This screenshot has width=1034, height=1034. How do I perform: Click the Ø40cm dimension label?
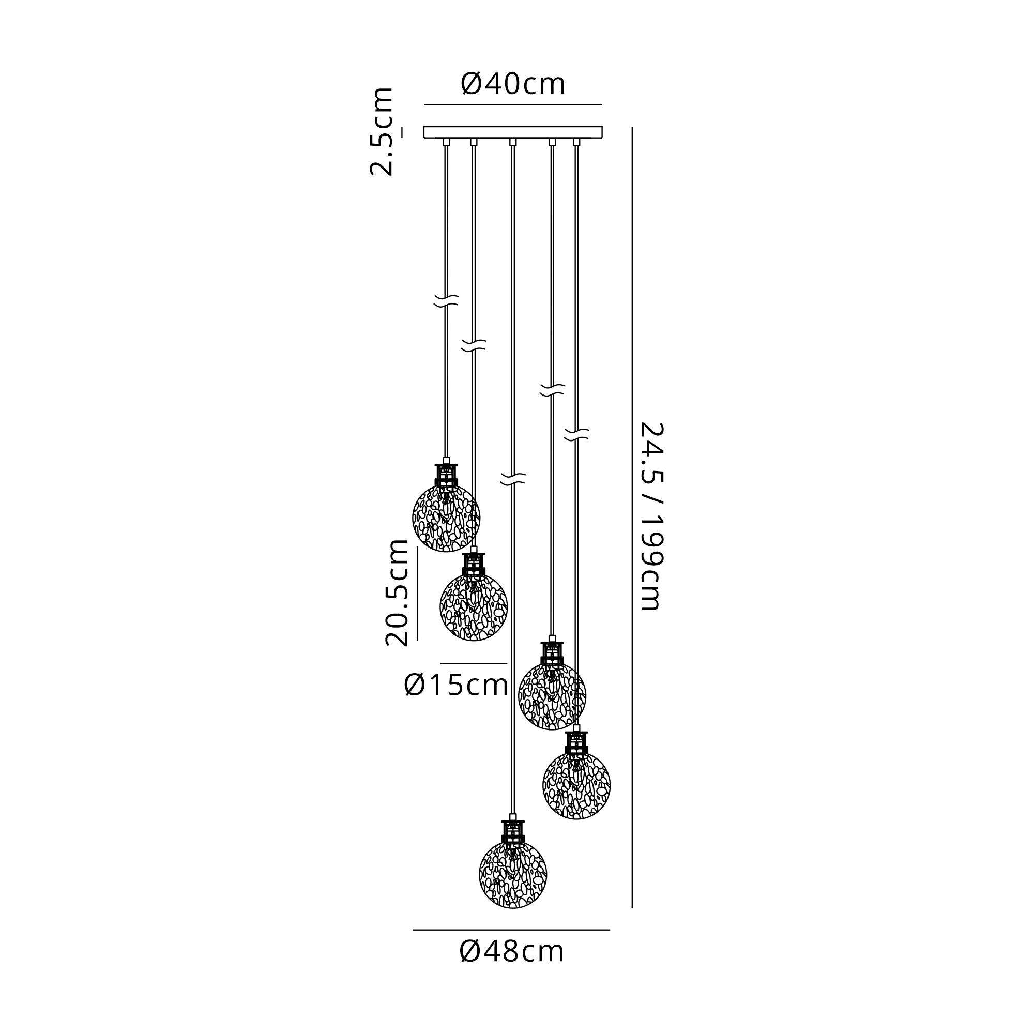tap(512, 85)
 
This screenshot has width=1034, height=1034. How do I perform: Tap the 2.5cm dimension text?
tap(382, 132)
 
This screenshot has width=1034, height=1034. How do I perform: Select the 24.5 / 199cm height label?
tap(652, 516)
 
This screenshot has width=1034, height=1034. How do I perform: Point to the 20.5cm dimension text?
tap(397, 592)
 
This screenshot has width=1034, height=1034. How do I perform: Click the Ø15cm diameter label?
tap(456, 685)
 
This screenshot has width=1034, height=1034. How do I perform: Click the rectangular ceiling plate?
tap(513, 132)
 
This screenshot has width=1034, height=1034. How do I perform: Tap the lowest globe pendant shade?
tap(513, 875)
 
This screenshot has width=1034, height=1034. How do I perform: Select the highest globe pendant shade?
tap(446, 518)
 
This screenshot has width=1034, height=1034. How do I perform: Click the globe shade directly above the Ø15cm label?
tap(474, 607)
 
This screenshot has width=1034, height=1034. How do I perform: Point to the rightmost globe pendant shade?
tap(576, 786)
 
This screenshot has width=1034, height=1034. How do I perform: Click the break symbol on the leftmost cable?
tap(446, 301)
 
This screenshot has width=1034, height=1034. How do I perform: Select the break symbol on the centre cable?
tap(513, 480)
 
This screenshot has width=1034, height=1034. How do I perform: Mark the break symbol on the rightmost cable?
tap(576, 435)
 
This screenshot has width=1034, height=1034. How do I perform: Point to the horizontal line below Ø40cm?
tap(513, 105)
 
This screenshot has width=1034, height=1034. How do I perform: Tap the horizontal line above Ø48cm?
tap(511, 930)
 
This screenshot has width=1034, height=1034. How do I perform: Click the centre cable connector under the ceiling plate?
tap(513, 142)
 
